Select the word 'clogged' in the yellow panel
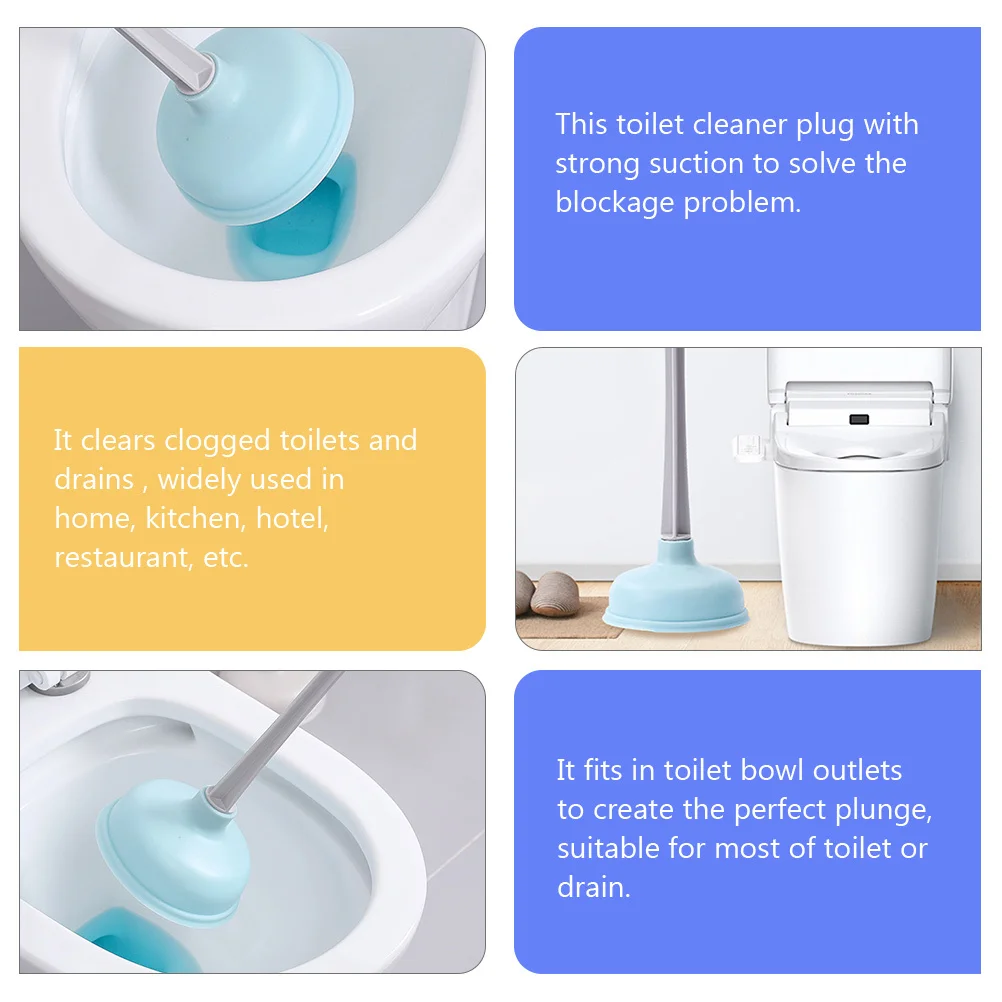(217, 441)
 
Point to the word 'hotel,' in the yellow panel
(292, 518)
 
